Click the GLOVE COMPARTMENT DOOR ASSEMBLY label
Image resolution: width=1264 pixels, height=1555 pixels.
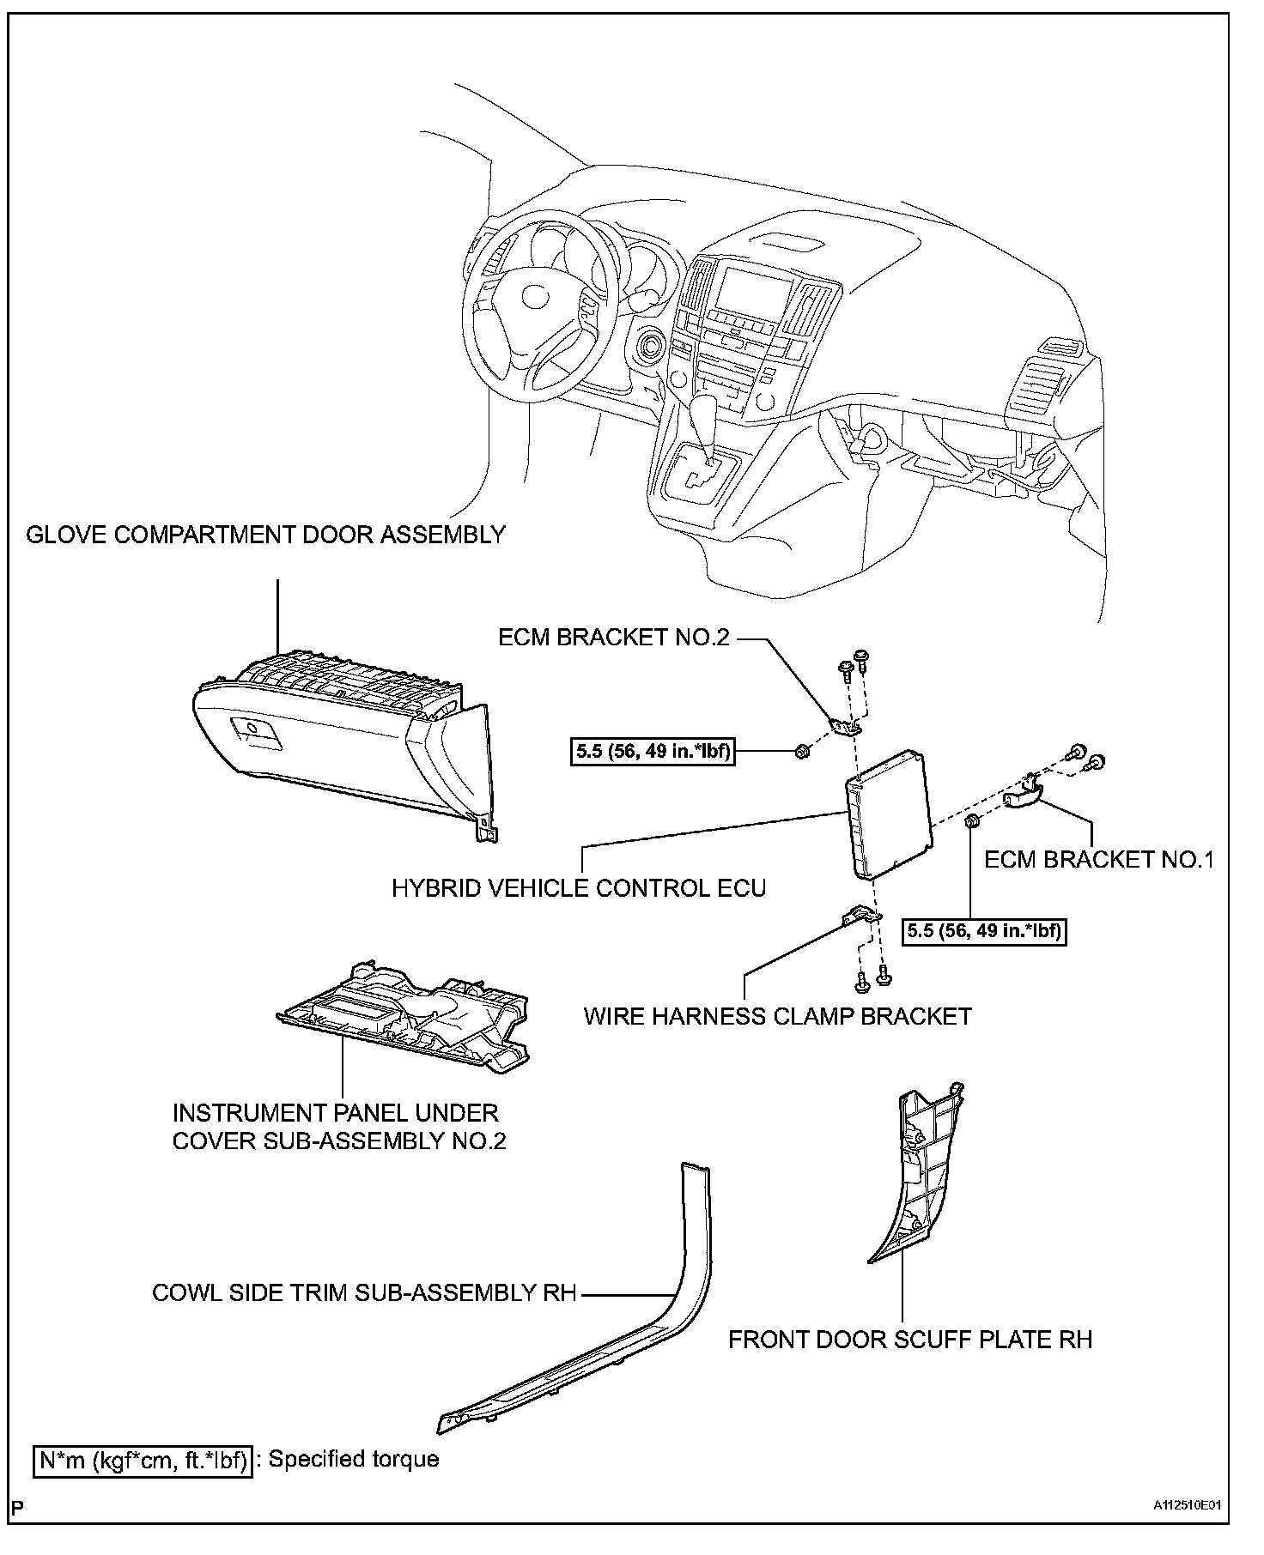coord(265,535)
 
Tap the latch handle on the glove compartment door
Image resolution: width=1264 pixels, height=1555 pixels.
coord(254,730)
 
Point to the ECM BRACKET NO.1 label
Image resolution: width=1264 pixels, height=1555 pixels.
coord(1099,859)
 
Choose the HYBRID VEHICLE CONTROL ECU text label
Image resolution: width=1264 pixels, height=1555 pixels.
coord(579,887)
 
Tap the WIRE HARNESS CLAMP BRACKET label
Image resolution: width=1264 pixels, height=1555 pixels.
coord(777,1016)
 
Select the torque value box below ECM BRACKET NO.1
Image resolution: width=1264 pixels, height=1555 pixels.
coord(984,931)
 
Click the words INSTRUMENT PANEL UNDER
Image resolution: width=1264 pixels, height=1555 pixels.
coord(336,1113)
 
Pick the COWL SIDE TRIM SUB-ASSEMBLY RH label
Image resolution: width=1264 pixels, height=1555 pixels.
coord(364,1292)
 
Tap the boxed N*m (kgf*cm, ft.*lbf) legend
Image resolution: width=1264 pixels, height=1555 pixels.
coord(143,1460)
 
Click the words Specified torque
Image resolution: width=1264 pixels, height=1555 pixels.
coord(354,1459)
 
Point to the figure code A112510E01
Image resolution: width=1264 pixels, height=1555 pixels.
coord(1188,1528)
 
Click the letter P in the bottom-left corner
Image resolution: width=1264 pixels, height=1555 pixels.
coord(19,1530)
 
